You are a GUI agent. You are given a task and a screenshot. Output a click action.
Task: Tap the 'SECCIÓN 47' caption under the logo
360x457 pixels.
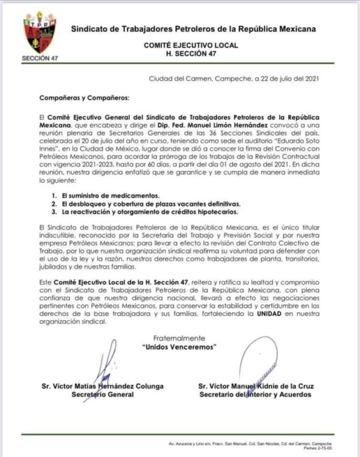click(x=37, y=59)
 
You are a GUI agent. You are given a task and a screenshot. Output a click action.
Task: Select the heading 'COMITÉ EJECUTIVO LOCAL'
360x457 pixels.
click(x=191, y=45)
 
